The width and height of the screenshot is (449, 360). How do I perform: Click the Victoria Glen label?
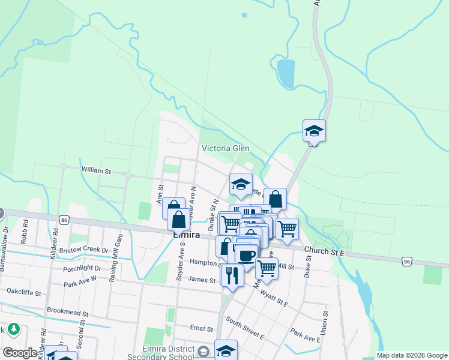225,148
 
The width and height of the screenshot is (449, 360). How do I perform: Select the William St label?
97,171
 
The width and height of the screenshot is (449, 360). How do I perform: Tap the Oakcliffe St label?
24,293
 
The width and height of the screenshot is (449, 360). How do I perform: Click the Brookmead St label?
67,313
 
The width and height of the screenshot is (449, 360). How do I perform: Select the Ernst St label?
202,329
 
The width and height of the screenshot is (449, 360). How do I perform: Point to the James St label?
201,280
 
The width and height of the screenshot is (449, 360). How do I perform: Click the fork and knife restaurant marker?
232,275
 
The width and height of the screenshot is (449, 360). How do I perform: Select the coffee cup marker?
246,255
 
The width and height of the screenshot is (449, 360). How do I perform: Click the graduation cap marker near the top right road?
313,130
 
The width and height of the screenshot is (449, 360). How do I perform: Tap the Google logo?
20,353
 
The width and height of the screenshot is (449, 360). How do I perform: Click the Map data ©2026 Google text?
411,355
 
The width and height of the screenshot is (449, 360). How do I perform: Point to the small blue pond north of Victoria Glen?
286,73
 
